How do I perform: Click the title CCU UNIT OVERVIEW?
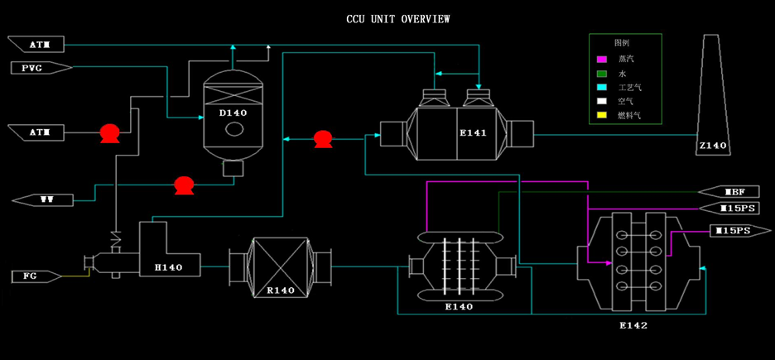397,18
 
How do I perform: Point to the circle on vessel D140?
234,129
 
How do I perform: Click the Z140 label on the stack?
711,146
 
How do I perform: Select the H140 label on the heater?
168,266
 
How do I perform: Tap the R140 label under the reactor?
282,290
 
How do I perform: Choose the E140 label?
458,306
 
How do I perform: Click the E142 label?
633,325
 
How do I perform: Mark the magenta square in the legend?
603,59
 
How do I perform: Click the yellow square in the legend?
603,115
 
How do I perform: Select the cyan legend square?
603,87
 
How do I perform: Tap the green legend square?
603,73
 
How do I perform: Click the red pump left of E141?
323,139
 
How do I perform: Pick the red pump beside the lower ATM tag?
109,132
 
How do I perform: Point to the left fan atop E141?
433,98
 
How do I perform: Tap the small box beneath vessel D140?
233,169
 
